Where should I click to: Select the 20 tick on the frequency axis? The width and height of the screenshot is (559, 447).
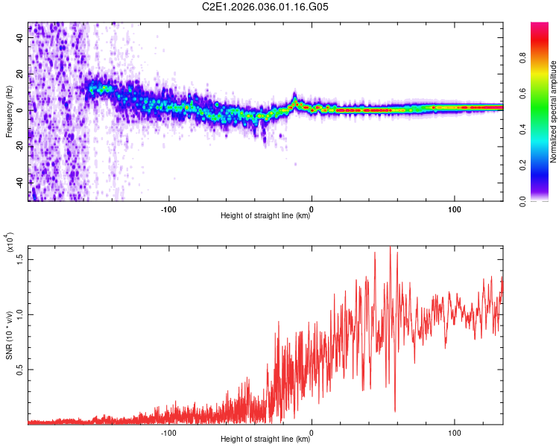(20, 74)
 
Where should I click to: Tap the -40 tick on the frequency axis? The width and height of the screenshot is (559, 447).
(20, 183)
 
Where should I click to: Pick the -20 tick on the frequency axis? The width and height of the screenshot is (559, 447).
(20, 147)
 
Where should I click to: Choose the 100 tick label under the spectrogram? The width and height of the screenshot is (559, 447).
(455, 209)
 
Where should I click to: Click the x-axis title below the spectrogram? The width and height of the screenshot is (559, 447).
(265, 217)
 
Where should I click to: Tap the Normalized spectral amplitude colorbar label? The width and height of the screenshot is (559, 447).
(554, 112)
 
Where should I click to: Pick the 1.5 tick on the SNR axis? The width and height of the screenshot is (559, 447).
(20, 259)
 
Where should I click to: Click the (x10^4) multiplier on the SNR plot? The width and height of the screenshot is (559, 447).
(10, 243)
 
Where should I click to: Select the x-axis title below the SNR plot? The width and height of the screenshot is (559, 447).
(265, 440)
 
